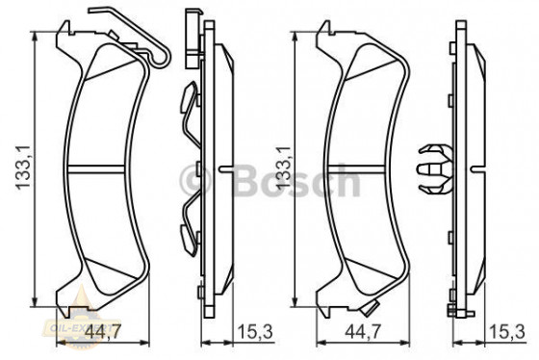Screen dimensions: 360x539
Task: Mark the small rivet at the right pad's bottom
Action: coord(370,309)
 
